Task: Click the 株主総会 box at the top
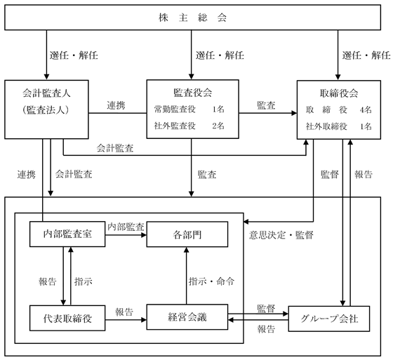(x=192, y=18)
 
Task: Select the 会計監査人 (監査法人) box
(x=47, y=109)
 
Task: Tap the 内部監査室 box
(x=67, y=234)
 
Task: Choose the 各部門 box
(x=187, y=234)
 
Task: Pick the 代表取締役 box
(x=67, y=318)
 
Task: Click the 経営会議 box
(x=187, y=317)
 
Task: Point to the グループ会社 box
(x=329, y=319)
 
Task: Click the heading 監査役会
(x=192, y=93)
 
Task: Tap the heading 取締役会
(x=339, y=93)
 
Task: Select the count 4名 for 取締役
(x=366, y=110)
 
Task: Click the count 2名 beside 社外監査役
(x=218, y=126)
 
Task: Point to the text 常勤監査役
(x=175, y=109)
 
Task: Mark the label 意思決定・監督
(x=281, y=235)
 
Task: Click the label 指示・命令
(x=211, y=281)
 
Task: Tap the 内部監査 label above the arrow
(x=126, y=227)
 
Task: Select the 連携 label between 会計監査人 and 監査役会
(x=116, y=105)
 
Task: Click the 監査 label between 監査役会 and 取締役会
(x=266, y=105)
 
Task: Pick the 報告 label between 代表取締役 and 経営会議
(x=124, y=312)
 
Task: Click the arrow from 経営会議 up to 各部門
(x=187, y=276)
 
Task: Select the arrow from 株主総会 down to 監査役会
(x=192, y=55)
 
